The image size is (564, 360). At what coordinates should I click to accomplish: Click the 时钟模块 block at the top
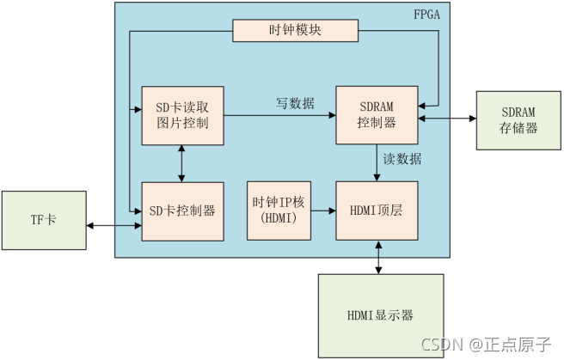pyautogui.click(x=295, y=31)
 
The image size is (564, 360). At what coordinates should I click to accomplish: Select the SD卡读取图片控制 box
pyautogui.click(x=182, y=114)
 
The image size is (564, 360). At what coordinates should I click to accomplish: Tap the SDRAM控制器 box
pyautogui.click(x=377, y=114)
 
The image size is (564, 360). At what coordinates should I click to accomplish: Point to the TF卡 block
pyautogui.click(x=44, y=221)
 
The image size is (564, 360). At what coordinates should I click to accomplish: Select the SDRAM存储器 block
pyautogui.click(x=519, y=120)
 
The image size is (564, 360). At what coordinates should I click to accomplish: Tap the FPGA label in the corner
pyautogui.click(x=427, y=15)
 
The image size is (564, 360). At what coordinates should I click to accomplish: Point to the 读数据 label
pyautogui.click(x=402, y=160)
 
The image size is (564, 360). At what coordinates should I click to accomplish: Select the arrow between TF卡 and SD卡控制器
pyautogui.click(x=113, y=225)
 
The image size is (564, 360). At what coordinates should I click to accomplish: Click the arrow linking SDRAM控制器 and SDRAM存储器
pyautogui.click(x=447, y=118)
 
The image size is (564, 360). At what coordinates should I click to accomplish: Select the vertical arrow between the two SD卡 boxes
pyautogui.click(x=181, y=162)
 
